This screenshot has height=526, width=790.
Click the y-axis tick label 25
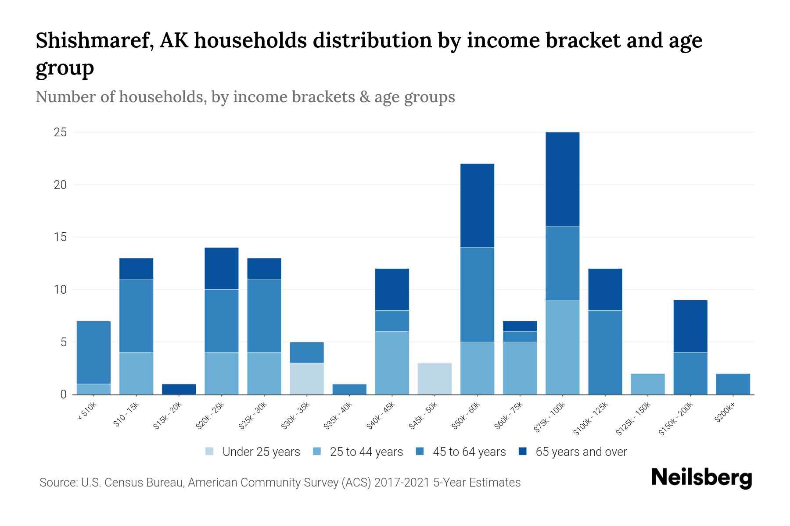click(x=60, y=132)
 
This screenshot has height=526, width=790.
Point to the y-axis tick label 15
click(x=60, y=237)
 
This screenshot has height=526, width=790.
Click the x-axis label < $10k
click(x=87, y=412)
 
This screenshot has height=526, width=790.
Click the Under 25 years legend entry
click(x=253, y=452)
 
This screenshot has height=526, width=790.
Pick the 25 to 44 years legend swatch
click(x=317, y=451)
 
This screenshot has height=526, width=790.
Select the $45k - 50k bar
click(x=434, y=379)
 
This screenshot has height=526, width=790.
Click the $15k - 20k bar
click(x=179, y=389)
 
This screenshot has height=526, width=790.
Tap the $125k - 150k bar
click(x=648, y=384)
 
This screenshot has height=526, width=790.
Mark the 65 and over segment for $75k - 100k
click(x=563, y=179)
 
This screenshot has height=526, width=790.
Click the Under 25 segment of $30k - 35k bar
click(x=307, y=379)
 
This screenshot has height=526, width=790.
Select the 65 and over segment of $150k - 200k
click(x=690, y=326)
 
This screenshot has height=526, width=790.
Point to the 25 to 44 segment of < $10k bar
click(x=93, y=389)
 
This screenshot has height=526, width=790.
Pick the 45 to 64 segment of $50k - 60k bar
click(x=477, y=295)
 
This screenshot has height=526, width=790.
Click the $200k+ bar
click(x=733, y=384)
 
